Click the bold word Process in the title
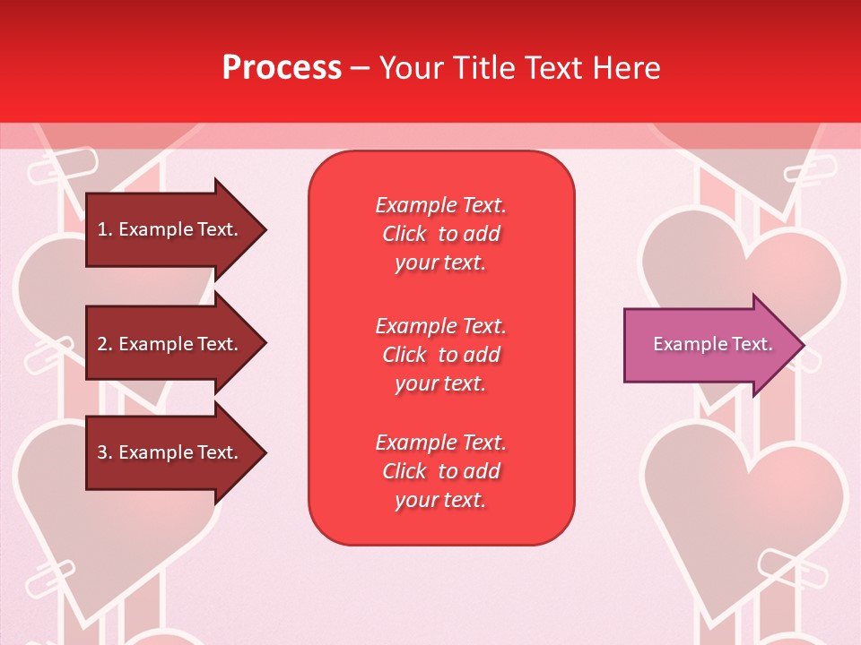click(282, 68)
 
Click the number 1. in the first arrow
click(105, 229)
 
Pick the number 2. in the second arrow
click(105, 344)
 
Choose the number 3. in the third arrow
click(105, 452)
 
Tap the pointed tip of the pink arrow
click(803, 345)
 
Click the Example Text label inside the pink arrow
click(712, 344)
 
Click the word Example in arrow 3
click(158, 452)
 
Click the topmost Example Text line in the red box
click(440, 205)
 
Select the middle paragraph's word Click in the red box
click(404, 355)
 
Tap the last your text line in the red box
click(440, 500)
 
